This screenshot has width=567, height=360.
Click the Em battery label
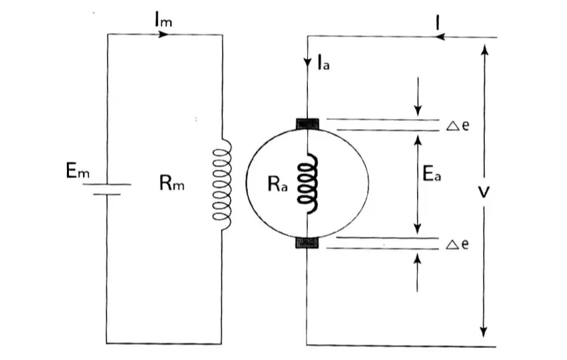click(x=78, y=171)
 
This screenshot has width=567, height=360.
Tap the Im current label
click(x=163, y=20)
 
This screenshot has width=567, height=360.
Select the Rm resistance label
click(x=172, y=183)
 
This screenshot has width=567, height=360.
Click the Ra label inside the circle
click(x=278, y=183)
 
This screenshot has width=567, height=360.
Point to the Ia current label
click(x=323, y=62)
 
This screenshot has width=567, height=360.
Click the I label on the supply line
click(x=438, y=23)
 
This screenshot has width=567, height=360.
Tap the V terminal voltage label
click(x=483, y=192)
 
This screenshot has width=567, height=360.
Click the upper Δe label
click(x=458, y=125)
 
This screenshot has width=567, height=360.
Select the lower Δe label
click(x=457, y=244)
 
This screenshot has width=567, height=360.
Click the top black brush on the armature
click(x=308, y=124)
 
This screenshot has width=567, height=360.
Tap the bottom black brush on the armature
click(x=307, y=242)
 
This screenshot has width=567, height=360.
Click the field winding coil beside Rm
click(x=223, y=185)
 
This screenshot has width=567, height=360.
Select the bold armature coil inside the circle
click(x=308, y=183)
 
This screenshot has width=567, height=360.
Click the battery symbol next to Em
click(x=106, y=189)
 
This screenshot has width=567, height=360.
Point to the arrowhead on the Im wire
click(x=164, y=34)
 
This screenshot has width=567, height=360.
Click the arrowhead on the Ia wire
click(x=307, y=62)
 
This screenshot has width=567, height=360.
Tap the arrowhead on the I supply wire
click(x=440, y=37)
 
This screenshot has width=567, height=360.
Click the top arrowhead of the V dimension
click(x=485, y=49)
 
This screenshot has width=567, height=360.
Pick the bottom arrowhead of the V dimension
click(x=483, y=332)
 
